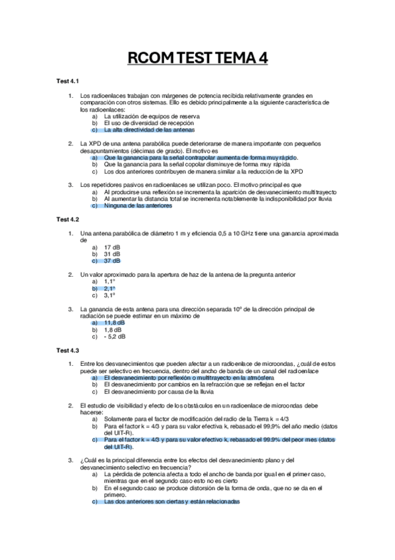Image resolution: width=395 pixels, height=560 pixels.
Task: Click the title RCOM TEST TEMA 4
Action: (x=197, y=59)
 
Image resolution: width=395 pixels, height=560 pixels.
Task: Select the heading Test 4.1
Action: (x=67, y=81)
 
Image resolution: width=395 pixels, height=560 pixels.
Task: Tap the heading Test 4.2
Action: (x=67, y=219)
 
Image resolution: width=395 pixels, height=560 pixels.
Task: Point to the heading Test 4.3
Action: (x=67, y=350)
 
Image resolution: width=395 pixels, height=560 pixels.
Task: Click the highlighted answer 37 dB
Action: (x=112, y=261)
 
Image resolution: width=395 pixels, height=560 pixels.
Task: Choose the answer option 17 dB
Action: (x=112, y=247)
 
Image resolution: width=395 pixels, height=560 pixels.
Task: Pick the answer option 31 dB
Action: (x=112, y=254)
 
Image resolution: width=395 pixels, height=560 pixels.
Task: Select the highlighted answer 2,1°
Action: (x=109, y=289)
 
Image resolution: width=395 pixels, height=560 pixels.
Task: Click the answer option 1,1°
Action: (x=109, y=281)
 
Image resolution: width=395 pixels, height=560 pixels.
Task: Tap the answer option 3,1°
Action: (x=109, y=295)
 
